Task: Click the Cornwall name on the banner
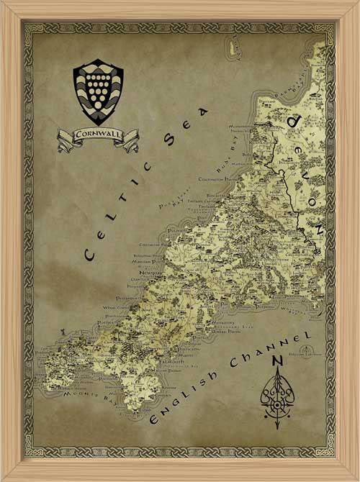[98, 134]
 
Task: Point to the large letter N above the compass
[276, 363]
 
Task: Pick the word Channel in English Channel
[279, 345]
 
